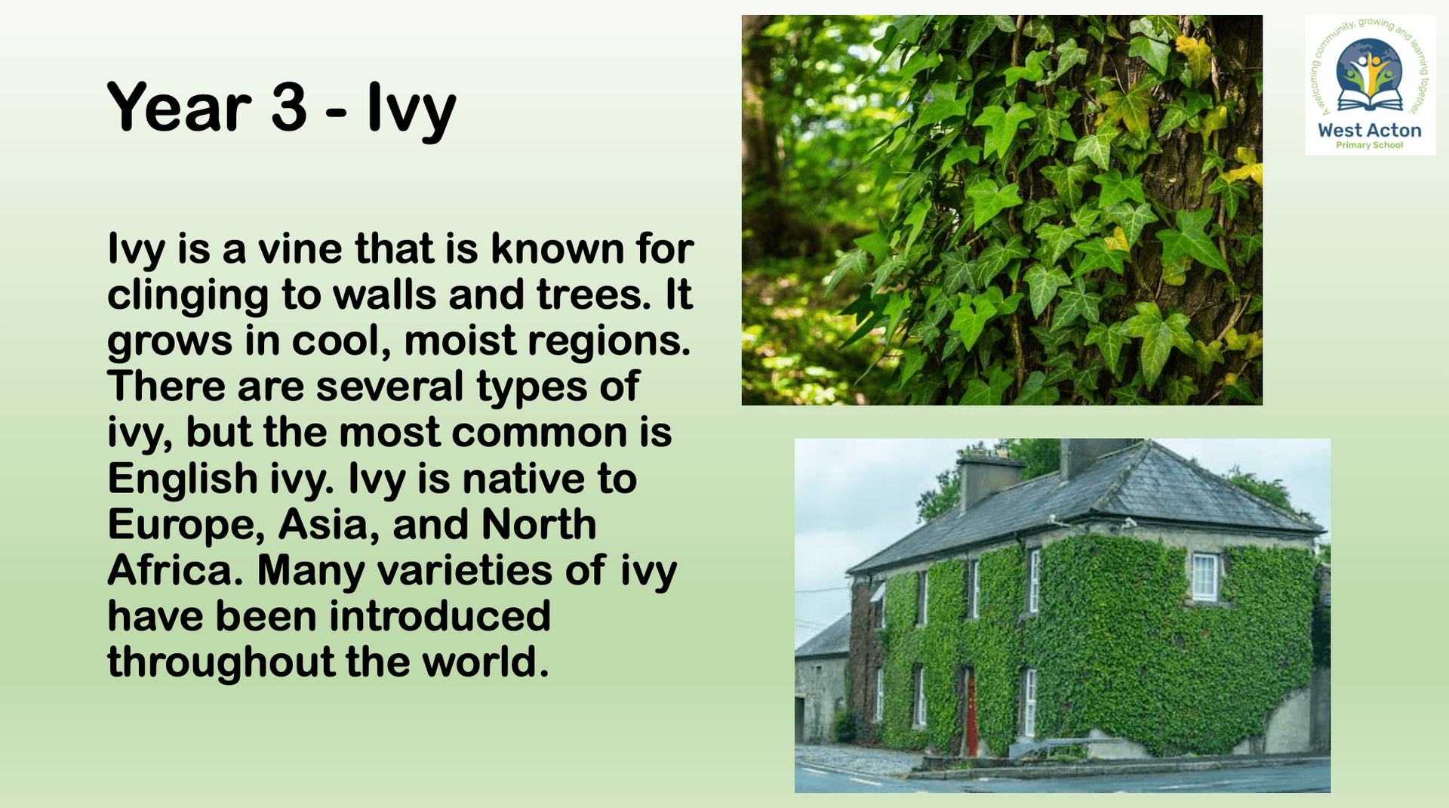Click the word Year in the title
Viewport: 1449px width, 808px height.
coord(180,107)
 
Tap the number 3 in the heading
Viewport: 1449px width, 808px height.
coord(289,107)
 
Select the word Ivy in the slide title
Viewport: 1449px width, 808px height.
coord(411,110)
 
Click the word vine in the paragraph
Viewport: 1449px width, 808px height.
coord(300,248)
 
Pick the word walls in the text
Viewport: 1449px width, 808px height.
coord(384,295)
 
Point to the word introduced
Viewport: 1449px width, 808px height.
coord(440,616)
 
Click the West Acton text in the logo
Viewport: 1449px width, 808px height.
coord(1370,130)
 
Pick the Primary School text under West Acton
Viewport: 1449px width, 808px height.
coord(1370,145)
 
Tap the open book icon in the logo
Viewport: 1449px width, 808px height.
coord(1370,100)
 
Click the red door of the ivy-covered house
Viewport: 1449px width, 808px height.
coord(971,714)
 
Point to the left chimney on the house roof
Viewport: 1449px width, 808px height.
coord(989,481)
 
